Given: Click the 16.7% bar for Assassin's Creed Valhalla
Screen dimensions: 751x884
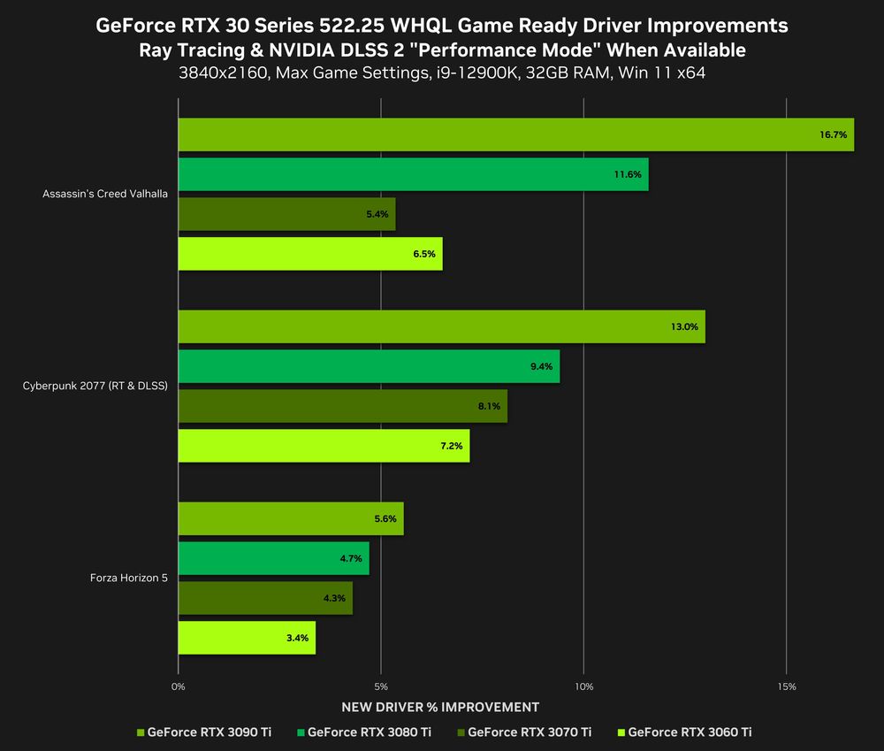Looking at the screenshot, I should click(515, 134).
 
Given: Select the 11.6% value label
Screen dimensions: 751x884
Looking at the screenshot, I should click(628, 174).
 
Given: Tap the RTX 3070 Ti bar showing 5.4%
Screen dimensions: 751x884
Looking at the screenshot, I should click(286, 214).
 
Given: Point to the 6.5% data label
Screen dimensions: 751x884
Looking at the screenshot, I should click(425, 254).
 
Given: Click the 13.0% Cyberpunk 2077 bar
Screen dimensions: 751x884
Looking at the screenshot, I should click(441, 326).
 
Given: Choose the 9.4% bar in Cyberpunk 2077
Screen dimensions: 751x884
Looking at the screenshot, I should click(369, 366).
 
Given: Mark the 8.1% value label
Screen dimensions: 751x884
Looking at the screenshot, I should click(489, 406).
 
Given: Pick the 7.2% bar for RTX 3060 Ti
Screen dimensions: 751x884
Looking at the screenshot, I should click(324, 446).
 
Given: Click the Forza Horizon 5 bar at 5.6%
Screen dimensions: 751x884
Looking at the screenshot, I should click(291, 518).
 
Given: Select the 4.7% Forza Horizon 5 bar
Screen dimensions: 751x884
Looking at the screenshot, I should click(273, 558).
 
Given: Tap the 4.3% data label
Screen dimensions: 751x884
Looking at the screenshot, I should click(334, 598).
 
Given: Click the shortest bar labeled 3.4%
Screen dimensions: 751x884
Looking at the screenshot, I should click(247, 638).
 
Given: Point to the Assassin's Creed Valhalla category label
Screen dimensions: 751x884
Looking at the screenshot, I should click(105, 194).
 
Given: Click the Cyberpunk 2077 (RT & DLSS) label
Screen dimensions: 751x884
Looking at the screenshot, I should click(95, 386).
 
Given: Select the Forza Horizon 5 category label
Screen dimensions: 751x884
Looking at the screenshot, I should click(129, 579).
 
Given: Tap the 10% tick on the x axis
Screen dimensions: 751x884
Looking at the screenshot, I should click(583, 686).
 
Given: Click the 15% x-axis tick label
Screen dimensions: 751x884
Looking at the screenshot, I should click(787, 686).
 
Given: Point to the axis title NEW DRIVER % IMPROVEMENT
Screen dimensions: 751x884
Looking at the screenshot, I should click(439, 707).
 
